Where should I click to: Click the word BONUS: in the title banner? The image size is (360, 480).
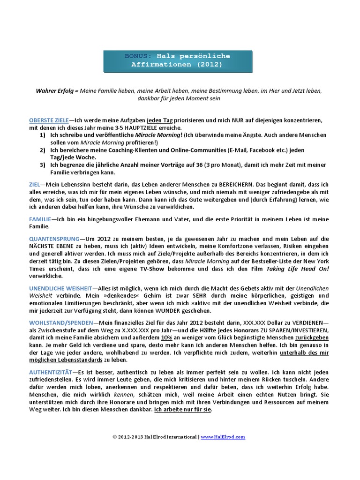[x=138, y=56]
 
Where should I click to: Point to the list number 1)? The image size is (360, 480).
[x=42, y=135]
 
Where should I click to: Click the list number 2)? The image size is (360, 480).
[x=42, y=150]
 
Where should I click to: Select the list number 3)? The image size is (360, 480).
[x=42, y=165]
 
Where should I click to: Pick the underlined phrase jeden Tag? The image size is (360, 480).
[x=160, y=120]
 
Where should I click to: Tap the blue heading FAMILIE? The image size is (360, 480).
[x=40, y=219]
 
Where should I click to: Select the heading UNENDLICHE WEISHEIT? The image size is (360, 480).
[x=60, y=288]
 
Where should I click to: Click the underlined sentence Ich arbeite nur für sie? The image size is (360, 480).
[x=183, y=409]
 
